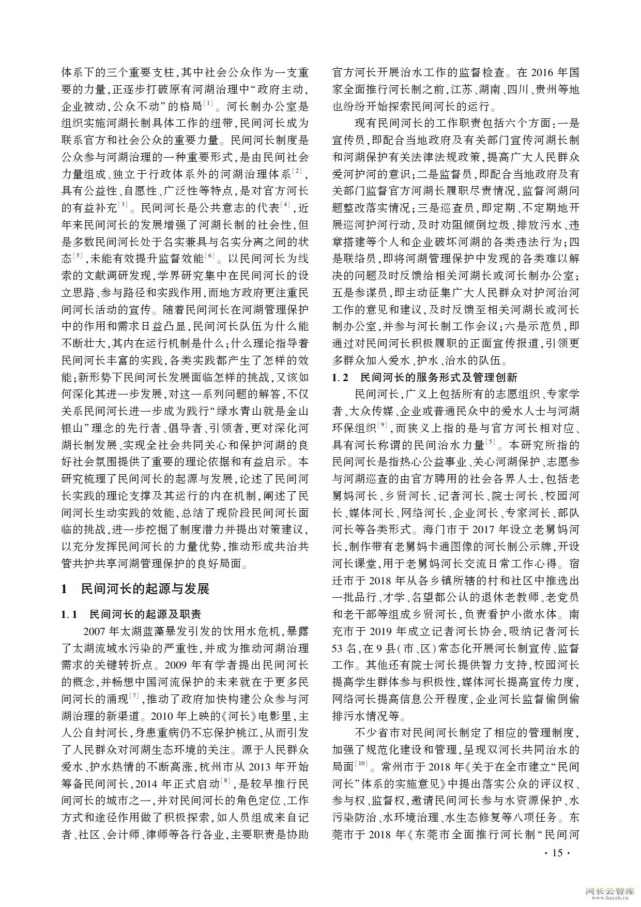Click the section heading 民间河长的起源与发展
145,589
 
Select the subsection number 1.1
69,614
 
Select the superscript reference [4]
285,205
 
